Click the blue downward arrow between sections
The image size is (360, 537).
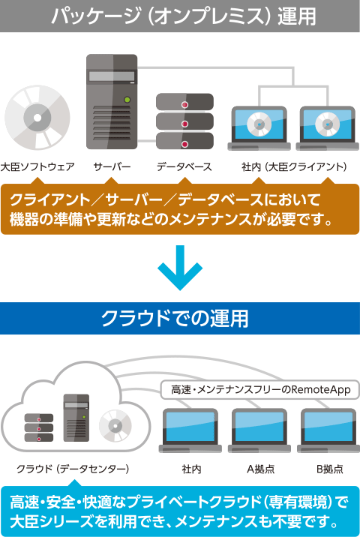pyautogui.click(x=180, y=268)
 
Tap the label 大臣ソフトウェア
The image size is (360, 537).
pyautogui.click(x=37, y=166)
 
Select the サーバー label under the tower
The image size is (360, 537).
pyautogui.click(x=112, y=166)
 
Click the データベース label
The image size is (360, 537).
pyautogui.click(x=184, y=166)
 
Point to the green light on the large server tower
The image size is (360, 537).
pyautogui.click(x=127, y=100)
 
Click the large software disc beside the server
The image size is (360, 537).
pyautogui.click(x=37, y=118)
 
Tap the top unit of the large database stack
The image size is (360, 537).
pyautogui.click(x=184, y=102)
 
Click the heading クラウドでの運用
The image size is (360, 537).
pyautogui.click(x=175, y=319)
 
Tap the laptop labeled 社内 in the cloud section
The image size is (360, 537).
pyautogui.click(x=190, y=430)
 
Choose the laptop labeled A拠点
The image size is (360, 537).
pyautogui.click(x=259, y=430)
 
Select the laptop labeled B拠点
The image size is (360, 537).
pyautogui.click(x=328, y=430)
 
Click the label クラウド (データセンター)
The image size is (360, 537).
pyautogui.click(x=73, y=469)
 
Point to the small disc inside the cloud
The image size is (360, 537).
pyautogui.click(x=115, y=426)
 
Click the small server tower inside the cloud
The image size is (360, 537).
pyautogui.click(x=76, y=418)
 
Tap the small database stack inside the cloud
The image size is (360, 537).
pyautogui.click(x=39, y=427)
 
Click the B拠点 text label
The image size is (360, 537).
pyautogui.click(x=329, y=469)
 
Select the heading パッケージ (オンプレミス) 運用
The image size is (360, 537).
pyautogui.click(x=183, y=16)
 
